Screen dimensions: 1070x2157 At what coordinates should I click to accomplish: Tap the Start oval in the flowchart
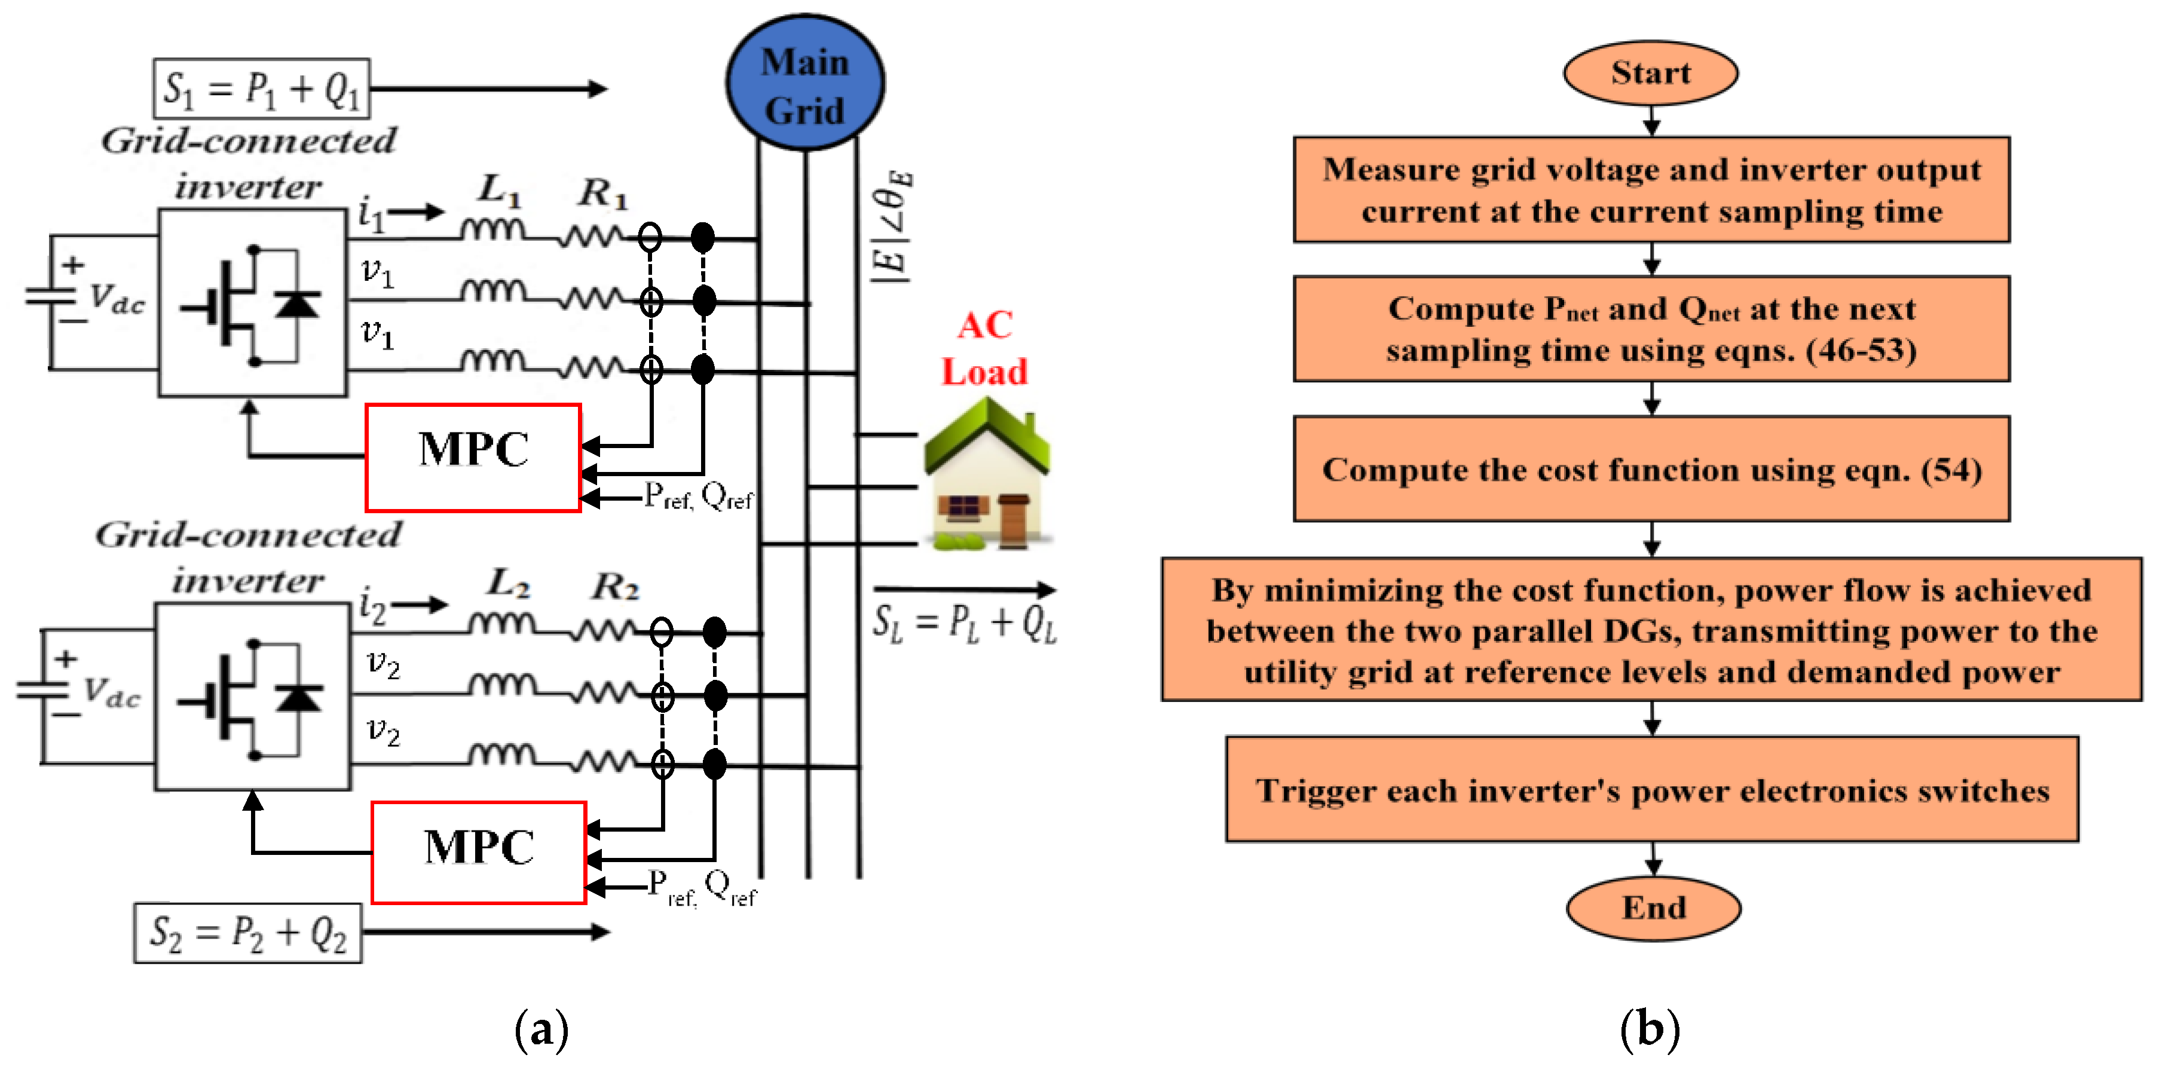pyautogui.click(x=1650, y=73)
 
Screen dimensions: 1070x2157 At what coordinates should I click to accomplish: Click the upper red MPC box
pyautogui.click(x=473, y=457)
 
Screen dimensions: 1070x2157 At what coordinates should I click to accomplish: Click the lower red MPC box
pyautogui.click(x=478, y=853)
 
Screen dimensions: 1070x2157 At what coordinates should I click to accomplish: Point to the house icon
pyautogui.click(x=986, y=477)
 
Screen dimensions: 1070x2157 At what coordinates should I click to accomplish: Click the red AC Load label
pyautogui.click(x=985, y=348)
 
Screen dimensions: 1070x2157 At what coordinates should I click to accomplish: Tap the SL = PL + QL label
pyautogui.click(x=965, y=624)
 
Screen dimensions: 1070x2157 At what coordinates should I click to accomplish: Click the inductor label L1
pyautogui.click(x=500, y=190)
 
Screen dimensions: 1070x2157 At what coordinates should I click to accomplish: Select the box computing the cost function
pyautogui.click(x=1651, y=469)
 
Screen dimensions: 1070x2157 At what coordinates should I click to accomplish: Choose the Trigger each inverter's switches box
pyautogui.click(x=1652, y=790)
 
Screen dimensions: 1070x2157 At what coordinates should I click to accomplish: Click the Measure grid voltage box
pyautogui.click(x=1651, y=190)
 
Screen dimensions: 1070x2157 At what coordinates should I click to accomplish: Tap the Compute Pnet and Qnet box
pyautogui.click(x=1651, y=329)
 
